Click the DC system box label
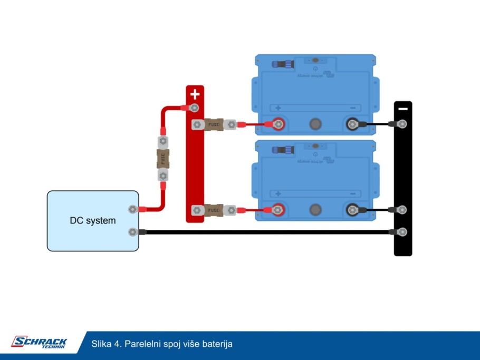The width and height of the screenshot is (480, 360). tap(93, 220)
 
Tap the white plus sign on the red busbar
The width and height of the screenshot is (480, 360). tap(195, 94)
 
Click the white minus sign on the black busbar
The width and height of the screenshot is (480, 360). tap(403, 109)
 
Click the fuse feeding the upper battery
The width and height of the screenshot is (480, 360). tap(214, 124)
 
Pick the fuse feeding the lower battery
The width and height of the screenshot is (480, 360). tap(213, 210)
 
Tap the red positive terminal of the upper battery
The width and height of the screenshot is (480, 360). tap(278, 124)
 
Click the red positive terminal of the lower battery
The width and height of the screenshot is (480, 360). tap(278, 210)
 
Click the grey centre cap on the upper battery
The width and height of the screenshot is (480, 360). tap(315, 124)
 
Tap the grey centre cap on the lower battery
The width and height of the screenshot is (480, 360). tap(315, 210)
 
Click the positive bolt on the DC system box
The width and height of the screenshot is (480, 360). tap(132, 209)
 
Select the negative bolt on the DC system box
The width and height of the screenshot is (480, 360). tap(132, 231)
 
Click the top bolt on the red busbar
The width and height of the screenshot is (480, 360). tap(194, 108)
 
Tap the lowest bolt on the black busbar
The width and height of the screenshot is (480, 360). tap(402, 231)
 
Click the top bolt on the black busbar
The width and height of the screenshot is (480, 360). tap(402, 124)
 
